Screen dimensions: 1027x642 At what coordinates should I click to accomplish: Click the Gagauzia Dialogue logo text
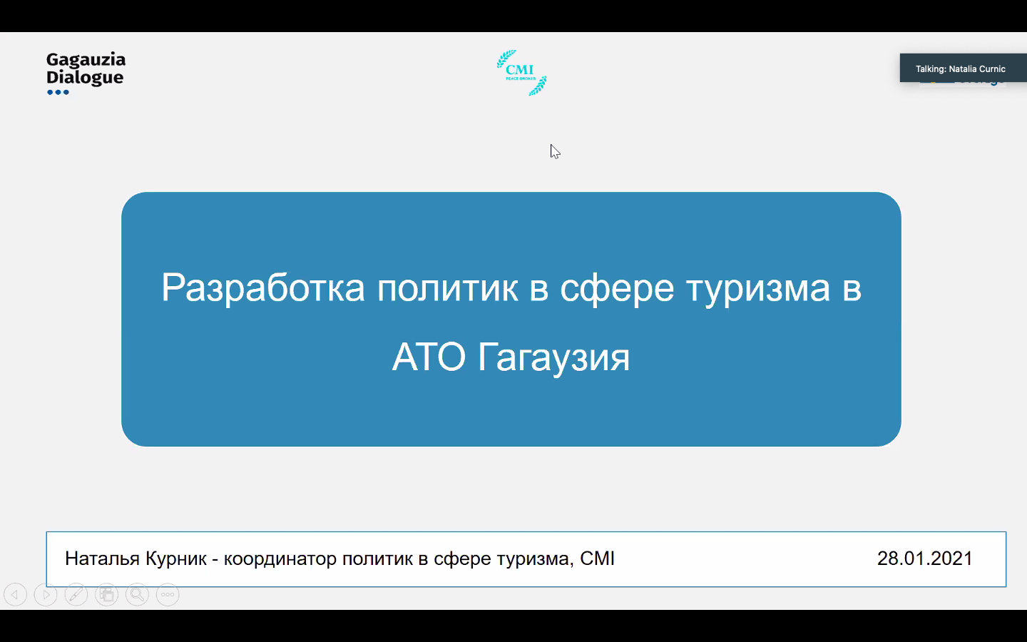click(x=86, y=68)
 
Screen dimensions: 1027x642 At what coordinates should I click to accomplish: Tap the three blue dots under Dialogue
click(x=58, y=92)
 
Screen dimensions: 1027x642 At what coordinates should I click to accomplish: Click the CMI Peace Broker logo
click(x=522, y=73)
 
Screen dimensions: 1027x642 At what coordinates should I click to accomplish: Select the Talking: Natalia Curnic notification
click(x=963, y=68)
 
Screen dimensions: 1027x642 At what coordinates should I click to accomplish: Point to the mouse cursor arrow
click(x=555, y=152)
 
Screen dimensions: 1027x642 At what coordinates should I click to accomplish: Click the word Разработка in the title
click(x=263, y=288)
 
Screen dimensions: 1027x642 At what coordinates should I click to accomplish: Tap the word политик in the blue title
click(x=447, y=288)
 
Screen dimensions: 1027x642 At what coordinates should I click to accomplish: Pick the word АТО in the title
click(x=429, y=357)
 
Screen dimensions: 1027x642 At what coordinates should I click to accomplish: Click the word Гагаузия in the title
click(x=554, y=357)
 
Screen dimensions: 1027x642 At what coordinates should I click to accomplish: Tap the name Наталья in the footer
click(x=102, y=559)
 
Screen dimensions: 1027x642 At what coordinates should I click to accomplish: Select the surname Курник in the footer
click(x=176, y=559)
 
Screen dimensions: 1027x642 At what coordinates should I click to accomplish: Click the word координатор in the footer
click(x=280, y=559)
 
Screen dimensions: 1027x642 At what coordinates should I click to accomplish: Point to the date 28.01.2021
click(x=925, y=559)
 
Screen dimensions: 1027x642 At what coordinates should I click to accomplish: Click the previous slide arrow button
click(x=15, y=595)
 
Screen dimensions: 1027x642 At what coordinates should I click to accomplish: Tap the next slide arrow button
click(x=46, y=595)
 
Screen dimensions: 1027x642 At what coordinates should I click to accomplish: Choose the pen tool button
click(x=76, y=595)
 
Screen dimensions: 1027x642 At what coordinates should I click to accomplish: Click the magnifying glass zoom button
click(x=137, y=595)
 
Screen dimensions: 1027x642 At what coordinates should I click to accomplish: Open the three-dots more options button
click(x=168, y=595)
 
